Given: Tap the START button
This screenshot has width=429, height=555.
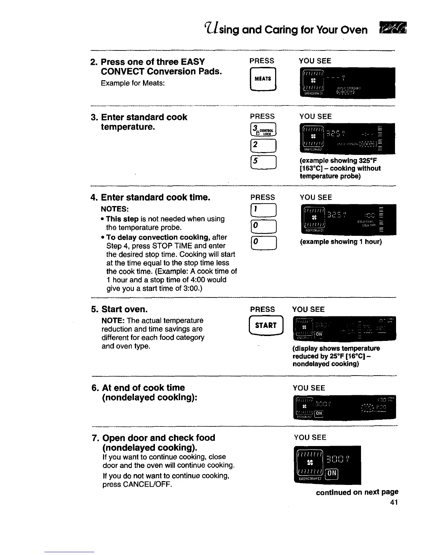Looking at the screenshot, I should tap(266, 326).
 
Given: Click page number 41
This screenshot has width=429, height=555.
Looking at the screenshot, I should tap(394, 502).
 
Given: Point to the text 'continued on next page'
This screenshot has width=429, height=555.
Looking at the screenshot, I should tap(357, 492).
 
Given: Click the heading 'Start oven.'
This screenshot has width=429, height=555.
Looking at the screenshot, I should tap(124, 309).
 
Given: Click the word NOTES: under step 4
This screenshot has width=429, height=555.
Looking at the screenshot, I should tap(115, 209).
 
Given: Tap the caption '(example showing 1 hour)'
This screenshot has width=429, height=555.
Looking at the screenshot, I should tap(341, 242).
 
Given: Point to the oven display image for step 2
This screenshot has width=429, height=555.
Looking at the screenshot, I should tap(347, 83).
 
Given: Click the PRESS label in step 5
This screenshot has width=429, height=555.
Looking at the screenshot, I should tap(263, 309).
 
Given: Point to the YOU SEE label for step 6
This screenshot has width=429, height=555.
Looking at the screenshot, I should tap(309, 388).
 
